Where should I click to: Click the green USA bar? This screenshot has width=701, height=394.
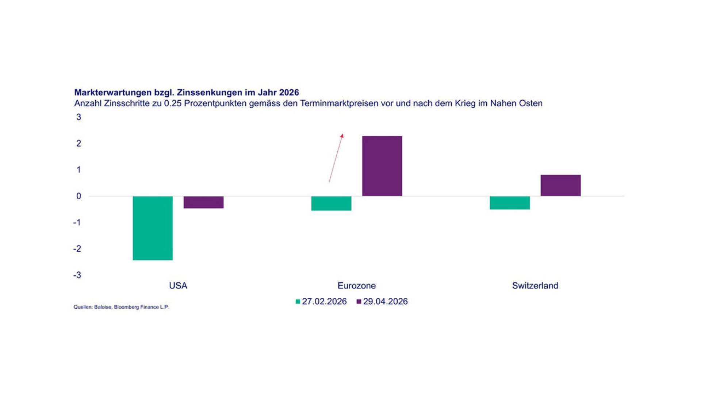[153, 228]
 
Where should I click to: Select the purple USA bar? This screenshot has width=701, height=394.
[203, 202]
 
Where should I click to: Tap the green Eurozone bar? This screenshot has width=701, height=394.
[331, 203]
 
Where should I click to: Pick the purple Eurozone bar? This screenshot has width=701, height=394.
[382, 166]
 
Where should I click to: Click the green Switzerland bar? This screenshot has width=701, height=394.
[510, 203]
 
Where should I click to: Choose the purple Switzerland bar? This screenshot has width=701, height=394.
[560, 186]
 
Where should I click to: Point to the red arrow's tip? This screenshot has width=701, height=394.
[343, 134]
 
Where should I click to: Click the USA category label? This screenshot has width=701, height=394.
[178, 286]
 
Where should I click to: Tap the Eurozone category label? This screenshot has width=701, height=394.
[356, 286]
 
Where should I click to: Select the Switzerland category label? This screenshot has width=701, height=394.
[535, 286]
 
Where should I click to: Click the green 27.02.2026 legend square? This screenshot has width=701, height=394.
[298, 302]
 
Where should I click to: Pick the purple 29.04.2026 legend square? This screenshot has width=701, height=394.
[359, 302]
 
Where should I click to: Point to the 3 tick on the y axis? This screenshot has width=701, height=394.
[78, 117]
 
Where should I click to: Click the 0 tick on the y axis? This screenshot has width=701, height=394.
[78, 196]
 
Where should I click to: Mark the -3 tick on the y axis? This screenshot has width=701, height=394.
[77, 275]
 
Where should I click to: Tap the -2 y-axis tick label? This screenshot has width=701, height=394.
[77, 249]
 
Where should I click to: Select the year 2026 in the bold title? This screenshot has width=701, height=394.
[289, 93]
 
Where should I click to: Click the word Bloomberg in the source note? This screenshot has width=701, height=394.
[126, 307]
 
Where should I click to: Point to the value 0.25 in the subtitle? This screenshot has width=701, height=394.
[173, 103]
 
